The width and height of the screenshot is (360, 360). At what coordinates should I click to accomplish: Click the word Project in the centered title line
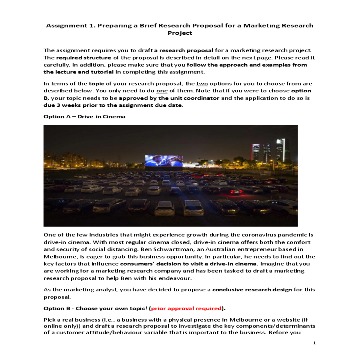click(180, 33)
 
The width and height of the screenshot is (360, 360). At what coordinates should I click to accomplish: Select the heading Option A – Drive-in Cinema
click(84, 116)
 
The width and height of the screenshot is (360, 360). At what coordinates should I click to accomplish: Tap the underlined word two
click(202, 84)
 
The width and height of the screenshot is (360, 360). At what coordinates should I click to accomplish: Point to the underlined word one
click(162, 91)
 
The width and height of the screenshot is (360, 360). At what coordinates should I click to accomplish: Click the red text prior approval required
click(186, 308)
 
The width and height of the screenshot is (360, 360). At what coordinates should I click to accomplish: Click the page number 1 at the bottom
click(314, 343)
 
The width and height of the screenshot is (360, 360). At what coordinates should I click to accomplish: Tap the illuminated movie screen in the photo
click(163, 161)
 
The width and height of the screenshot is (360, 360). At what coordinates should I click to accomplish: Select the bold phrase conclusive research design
click(252, 290)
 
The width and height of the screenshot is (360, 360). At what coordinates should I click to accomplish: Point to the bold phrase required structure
click(83, 58)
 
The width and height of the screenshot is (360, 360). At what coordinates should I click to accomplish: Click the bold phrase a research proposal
click(184, 50)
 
